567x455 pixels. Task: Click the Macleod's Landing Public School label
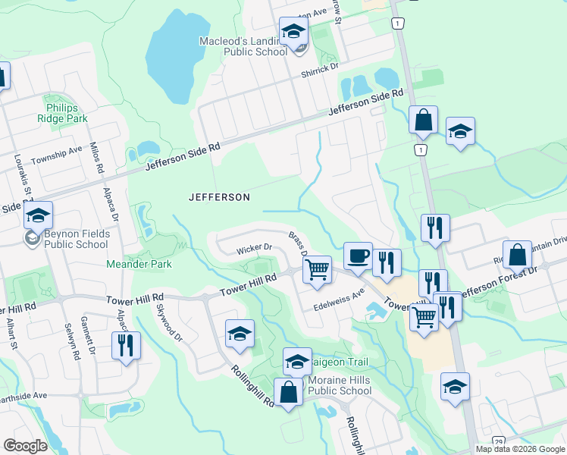tap(243, 46)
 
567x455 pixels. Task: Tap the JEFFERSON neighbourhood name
tap(219, 197)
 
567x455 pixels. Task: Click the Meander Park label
tap(139, 264)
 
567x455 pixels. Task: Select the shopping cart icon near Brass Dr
tap(318, 268)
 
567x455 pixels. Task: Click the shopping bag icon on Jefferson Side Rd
tap(423, 120)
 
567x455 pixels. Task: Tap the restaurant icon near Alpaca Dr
tap(124, 344)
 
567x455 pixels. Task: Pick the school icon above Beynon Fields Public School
tap(37, 215)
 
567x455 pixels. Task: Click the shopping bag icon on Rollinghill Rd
tap(288, 394)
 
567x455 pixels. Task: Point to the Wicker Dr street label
tap(254, 248)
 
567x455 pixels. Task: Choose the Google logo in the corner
tap(26, 446)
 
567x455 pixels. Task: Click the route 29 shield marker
tap(498, 441)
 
